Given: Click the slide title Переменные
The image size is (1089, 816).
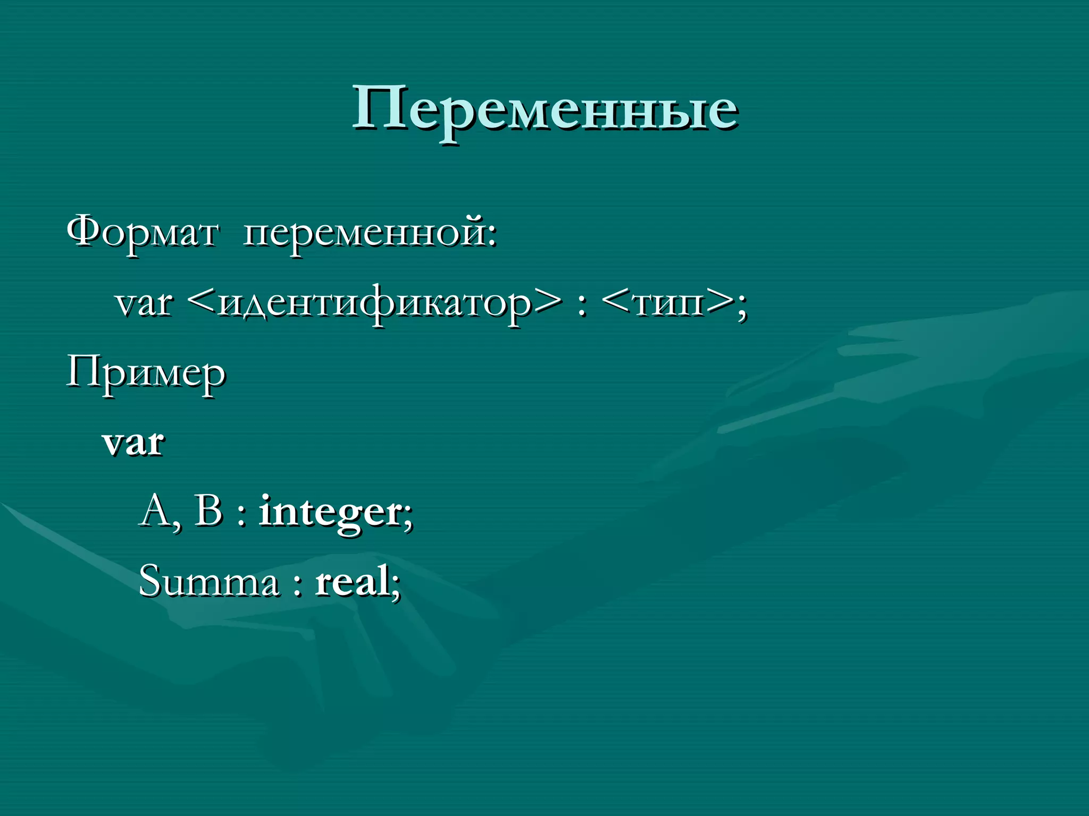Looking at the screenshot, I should coord(545,109).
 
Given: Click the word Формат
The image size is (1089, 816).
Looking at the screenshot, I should coord(143,233).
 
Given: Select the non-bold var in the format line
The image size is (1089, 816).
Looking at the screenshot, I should coord(144,303).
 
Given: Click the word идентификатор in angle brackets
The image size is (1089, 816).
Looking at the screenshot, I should coord(375,304).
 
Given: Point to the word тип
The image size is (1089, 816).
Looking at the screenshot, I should coord(669,304).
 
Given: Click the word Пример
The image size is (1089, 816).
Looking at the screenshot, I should coord(146,373).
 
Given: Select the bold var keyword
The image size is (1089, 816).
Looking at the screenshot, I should coord(133,443).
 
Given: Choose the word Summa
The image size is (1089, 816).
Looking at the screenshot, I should coord(208,581).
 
